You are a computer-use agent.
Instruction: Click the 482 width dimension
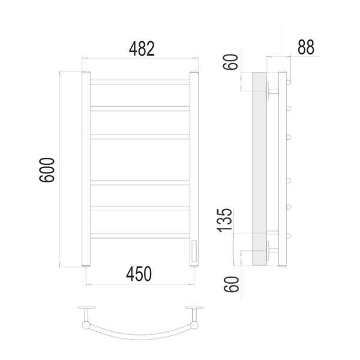(142, 49)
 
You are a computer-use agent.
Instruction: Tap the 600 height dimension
(47, 170)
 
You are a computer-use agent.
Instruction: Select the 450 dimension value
(139, 274)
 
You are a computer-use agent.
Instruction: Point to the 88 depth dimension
(306, 47)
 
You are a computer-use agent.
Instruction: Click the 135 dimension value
(224, 220)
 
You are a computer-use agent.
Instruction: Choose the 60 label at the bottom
(231, 284)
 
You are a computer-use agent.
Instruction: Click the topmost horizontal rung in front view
(140, 82)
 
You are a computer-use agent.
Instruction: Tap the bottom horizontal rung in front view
(140, 236)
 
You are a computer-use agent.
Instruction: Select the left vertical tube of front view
(86, 169)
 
